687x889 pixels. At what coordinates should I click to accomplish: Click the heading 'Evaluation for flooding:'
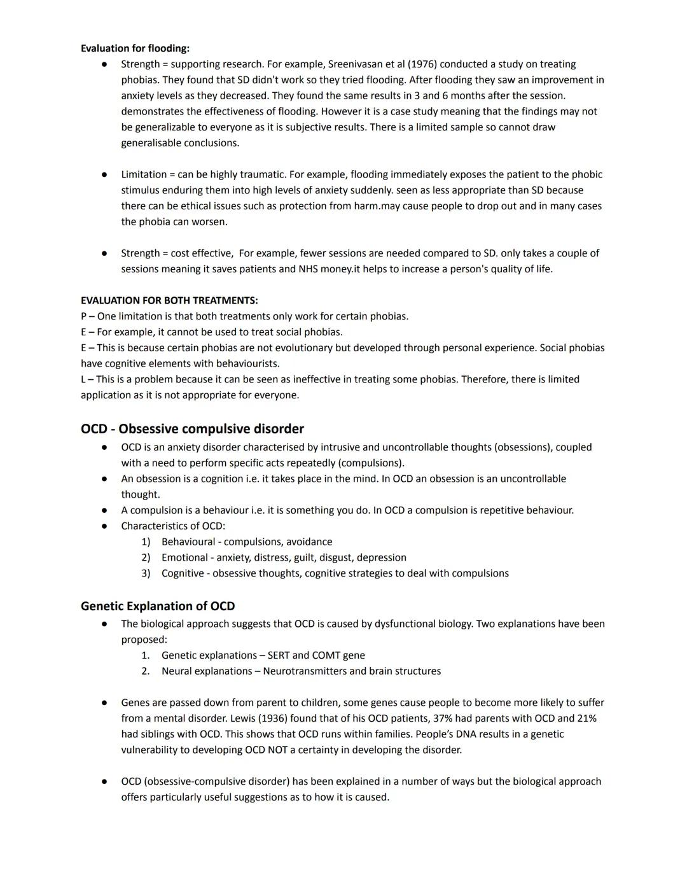135,48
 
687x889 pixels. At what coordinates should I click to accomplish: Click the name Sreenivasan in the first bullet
357,64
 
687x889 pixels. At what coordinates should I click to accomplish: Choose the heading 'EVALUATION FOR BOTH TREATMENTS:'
169,300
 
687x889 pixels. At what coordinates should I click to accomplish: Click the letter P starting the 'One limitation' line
84,316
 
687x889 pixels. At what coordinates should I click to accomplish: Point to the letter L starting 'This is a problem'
83,379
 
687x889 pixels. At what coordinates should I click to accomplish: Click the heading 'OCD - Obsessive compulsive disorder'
192,429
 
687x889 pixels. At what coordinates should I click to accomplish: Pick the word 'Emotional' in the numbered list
184,558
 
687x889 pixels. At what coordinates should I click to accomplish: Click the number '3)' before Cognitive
146,573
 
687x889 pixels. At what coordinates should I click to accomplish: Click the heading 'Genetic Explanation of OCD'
158,606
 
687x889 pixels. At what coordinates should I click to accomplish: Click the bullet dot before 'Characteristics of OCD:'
104,526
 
